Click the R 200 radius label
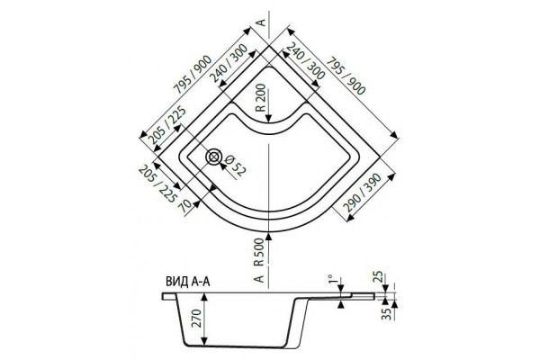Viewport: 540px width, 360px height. pyautogui.click(x=261, y=98)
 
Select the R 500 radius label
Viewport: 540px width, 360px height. pyautogui.click(x=258, y=253)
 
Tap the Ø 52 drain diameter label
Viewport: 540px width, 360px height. pyautogui.click(x=236, y=166)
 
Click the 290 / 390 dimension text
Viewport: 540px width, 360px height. pyautogui.click(x=363, y=193)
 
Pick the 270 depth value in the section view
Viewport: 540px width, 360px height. pyautogui.click(x=195, y=319)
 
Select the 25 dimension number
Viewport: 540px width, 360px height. pyautogui.click(x=378, y=277)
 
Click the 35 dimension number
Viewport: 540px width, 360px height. pyautogui.click(x=388, y=314)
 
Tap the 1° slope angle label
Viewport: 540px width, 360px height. pyautogui.click(x=330, y=279)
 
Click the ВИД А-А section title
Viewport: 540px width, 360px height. pyautogui.click(x=188, y=282)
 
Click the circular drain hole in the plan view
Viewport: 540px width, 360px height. pyautogui.click(x=214, y=157)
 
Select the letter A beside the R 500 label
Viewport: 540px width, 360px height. pyautogui.click(x=259, y=278)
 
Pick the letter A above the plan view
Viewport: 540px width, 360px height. pyautogui.click(x=262, y=22)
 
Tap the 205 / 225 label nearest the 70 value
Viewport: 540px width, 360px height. pyautogui.click(x=157, y=184)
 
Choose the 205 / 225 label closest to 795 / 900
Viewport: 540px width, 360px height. pyautogui.click(x=167, y=126)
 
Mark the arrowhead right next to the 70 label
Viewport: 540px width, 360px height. pyautogui.click(x=196, y=203)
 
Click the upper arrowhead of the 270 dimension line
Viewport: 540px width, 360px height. pyautogui.click(x=205, y=298)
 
